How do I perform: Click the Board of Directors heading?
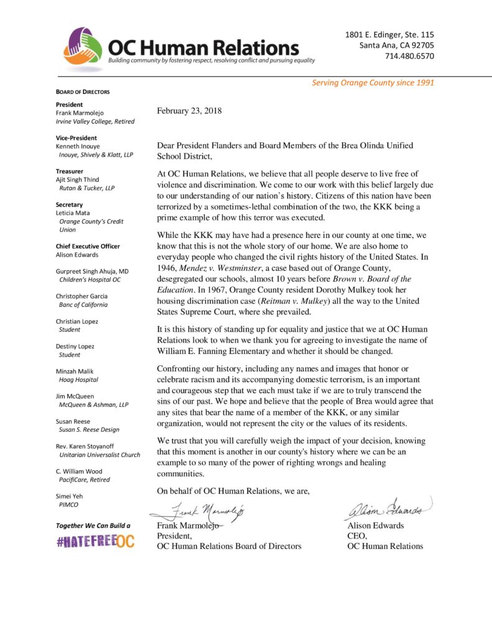[x=83, y=92]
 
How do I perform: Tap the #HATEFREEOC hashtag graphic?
[x=95, y=542]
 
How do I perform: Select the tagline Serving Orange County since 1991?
[x=373, y=83]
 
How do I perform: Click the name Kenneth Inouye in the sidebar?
[x=78, y=146]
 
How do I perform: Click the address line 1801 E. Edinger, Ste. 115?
[x=390, y=35]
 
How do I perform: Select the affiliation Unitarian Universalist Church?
[x=100, y=455]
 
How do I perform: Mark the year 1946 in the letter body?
[x=168, y=268]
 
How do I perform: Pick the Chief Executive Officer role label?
[x=88, y=246]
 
